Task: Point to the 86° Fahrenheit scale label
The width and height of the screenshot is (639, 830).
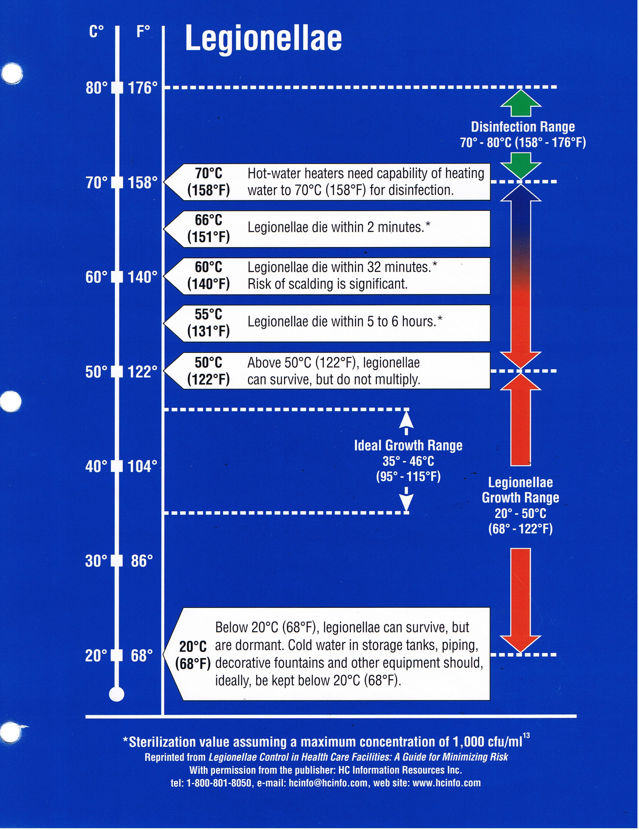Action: pyautogui.click(x=142, y=561)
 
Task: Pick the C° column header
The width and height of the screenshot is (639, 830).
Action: pyautogui.click(x=97, y=32)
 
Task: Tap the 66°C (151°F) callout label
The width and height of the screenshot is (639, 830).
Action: pyautogui.click(x=208, y=228)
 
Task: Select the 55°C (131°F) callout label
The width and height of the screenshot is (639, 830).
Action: pyautogui.click(x=208, y=323)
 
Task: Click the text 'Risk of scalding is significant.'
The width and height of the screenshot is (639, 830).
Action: pyautogui.click(x=327, y=284)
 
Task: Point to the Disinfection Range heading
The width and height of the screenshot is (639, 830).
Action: pyautogui.click(x=523, y=127)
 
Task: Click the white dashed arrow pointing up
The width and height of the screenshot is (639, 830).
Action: pyautogui.click(x=406, y=422)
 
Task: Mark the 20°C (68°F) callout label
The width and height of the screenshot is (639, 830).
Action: pyautogui.click(x=193, y=655)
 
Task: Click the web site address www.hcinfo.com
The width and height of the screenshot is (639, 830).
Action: pyautogui.click(x=446, y=783)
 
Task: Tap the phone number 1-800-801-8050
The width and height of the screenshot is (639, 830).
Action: pyautogui.click(x=218, y=783)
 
